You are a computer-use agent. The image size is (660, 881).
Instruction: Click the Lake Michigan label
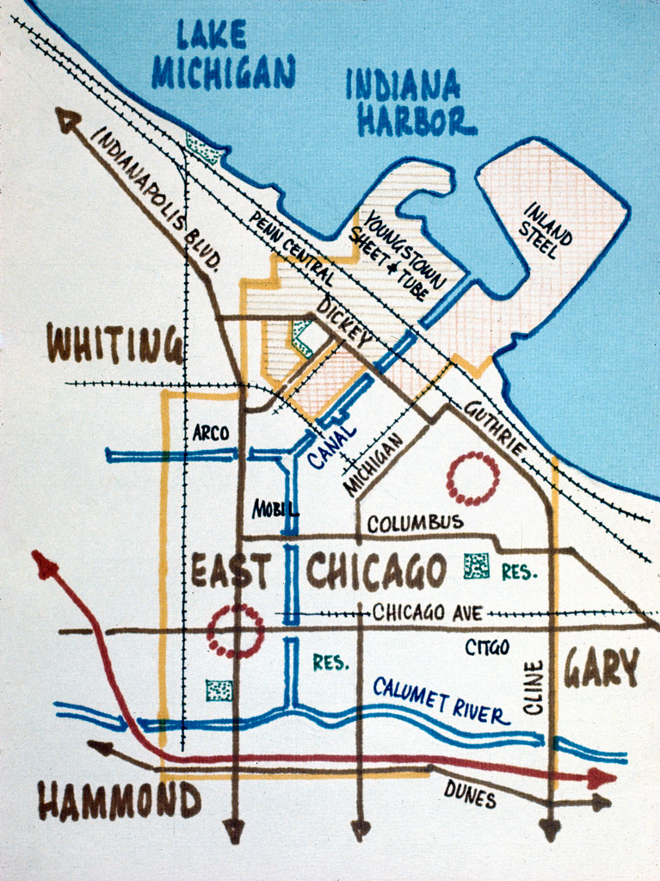coord(223,55)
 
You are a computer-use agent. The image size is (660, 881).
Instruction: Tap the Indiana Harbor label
coord(410,104)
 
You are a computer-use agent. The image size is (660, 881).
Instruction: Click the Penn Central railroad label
coord(291,249)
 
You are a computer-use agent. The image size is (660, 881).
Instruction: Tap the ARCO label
coord(211,434)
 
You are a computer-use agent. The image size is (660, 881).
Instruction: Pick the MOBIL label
coord(274,509)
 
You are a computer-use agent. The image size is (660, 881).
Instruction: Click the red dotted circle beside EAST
coord(235,631)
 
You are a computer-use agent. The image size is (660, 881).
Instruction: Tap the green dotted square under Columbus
coord(476,565)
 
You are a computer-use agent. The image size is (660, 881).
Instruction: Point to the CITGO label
coord(487,647)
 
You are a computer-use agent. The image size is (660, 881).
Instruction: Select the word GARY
coord(601,668)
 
